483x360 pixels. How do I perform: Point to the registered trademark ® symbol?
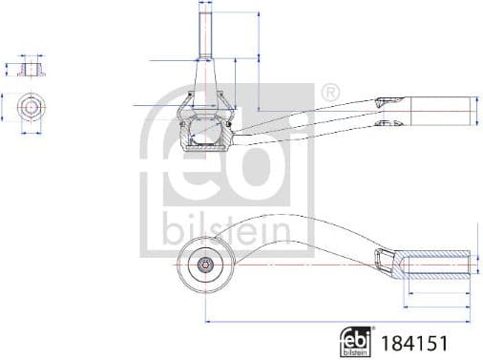(326, 94)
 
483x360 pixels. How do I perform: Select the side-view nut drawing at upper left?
(30, 69)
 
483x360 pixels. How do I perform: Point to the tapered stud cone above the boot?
(205, 72)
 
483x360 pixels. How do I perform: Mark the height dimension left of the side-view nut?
(8, 69)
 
